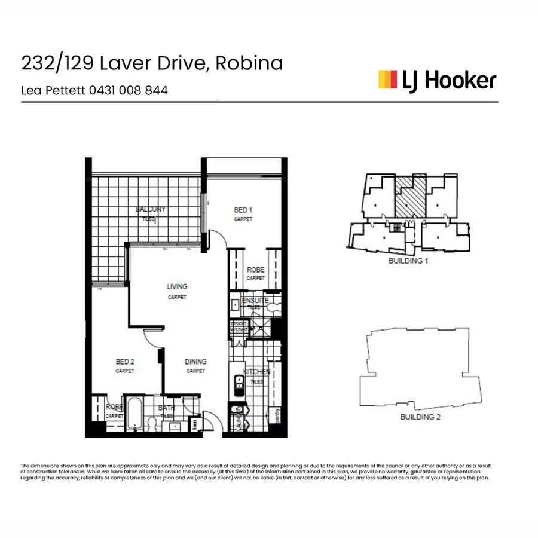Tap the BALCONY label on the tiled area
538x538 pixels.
click(151, 210)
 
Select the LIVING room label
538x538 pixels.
click(177, 287)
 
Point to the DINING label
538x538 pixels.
click(195, 362)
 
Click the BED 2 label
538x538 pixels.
click(125, 362)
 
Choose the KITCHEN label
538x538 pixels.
click(256, 372)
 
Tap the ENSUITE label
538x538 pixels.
click(255, 300)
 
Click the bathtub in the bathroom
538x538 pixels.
click(132, 413)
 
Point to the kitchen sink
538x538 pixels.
click(239, 384)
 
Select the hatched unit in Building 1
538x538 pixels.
click(410, 195)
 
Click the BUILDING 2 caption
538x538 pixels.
click(420, 417)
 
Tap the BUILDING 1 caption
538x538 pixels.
click(409, 261)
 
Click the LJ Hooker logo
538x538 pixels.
click(437, 80)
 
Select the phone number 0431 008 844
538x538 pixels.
click(129, 91)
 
